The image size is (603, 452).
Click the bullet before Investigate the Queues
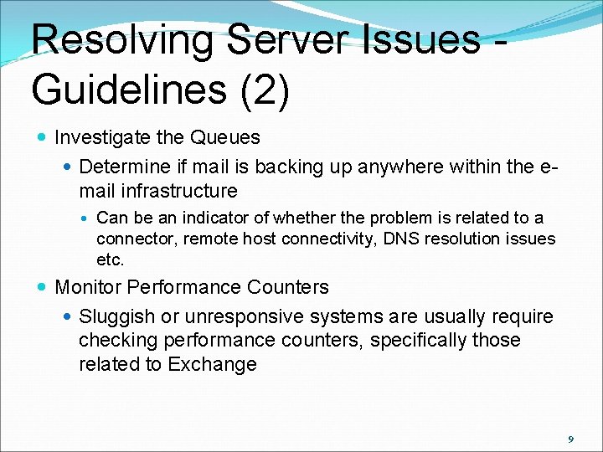[x=42, y=137]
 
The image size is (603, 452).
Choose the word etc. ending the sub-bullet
[x=110, y=259]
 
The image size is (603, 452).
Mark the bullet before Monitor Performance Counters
[x=42, y=287]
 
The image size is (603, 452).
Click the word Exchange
[x=212, y=364]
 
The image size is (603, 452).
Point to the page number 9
[x=570, y=439]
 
